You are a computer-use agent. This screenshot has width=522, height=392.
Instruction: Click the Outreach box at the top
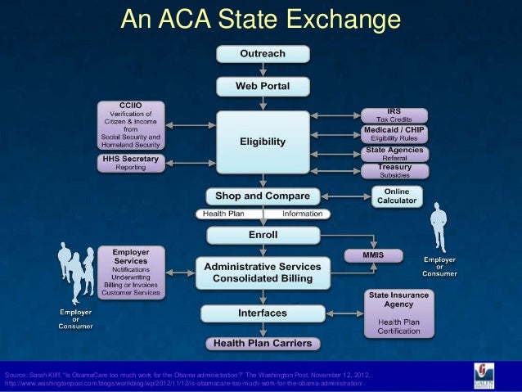(262, 54)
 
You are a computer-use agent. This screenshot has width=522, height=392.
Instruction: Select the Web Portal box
(262, 85)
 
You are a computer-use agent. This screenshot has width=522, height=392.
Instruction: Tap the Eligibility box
(262, 142)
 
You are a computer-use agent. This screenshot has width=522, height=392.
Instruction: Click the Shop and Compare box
(262, 196)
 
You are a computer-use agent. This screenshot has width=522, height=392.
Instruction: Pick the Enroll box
(262, 234)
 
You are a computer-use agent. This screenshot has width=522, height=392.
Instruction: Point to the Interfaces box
(262, 313)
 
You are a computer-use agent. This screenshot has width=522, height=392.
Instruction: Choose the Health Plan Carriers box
(262, 343)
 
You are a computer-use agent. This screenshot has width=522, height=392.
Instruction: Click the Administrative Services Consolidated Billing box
(262, 273)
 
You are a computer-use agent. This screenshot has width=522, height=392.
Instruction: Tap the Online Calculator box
(396, 196)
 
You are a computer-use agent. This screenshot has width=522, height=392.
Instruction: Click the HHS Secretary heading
(131, 158)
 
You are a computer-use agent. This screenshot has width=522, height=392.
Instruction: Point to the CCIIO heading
(131, 106)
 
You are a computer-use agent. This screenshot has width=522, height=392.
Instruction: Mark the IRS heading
(394, 111)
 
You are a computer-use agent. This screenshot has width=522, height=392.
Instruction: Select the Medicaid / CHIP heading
(394, 130)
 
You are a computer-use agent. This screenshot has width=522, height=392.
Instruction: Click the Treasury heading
(394, 167)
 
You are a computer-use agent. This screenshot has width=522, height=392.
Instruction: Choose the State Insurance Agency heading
(398, 298)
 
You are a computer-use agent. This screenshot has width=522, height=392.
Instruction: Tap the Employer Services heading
(131, 255)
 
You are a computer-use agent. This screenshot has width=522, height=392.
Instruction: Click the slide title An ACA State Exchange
(261, 18)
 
